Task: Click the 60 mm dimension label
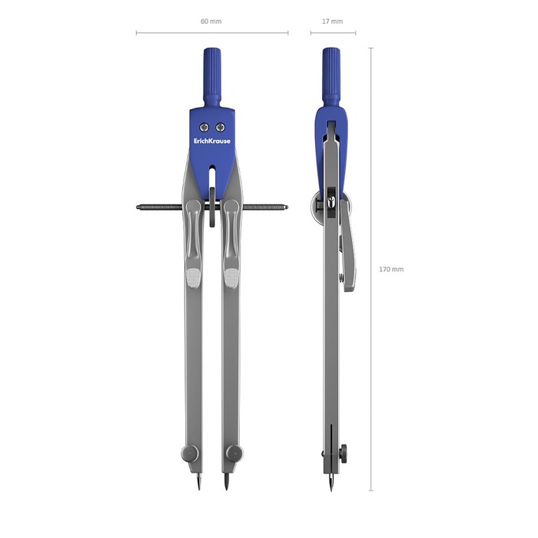click(x=211, y=22)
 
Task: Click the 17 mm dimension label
click(x=332, y=22)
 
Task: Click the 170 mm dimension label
click(x=391, y=269)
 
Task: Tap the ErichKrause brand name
click(x=212, y=141)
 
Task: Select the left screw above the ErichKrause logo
click(x=204, y=128)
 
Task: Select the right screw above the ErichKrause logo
click(x=221, y=128)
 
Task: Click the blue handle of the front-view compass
click(x=212, y=77)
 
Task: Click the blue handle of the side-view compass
click(x=331, y=77)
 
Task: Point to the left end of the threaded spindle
click(x=137, y=208)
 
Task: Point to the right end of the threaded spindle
click(x=287, y=208)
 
